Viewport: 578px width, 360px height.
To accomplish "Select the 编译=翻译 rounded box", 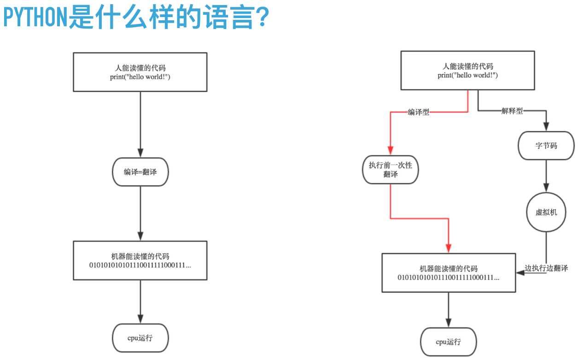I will click(140, 172).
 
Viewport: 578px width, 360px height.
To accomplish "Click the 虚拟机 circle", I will click(547, 212).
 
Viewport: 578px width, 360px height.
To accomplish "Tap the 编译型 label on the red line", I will click(419, 112).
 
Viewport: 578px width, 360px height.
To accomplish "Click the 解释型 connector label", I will click(512, 111).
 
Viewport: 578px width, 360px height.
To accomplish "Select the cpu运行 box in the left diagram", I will click(140, 338).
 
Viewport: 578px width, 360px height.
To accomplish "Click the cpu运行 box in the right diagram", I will click(448, 342).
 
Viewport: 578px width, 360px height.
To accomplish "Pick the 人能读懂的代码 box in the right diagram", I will click(467, 70).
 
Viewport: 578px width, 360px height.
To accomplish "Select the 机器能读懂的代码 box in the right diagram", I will click(448, 272).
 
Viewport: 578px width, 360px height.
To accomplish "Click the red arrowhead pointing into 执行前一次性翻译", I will click(390, 151).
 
